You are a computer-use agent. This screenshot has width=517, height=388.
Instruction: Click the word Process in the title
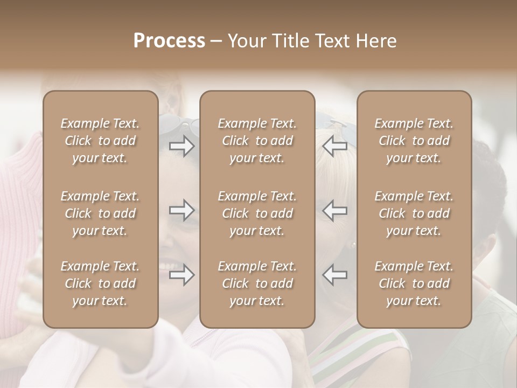point(169,41)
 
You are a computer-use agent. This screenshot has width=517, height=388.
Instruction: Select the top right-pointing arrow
point(181,146)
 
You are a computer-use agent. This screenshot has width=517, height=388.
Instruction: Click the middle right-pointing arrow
point(181,210)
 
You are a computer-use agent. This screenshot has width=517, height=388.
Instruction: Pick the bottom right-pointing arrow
point(181,275)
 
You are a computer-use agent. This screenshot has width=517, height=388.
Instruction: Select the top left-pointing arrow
point(335,146)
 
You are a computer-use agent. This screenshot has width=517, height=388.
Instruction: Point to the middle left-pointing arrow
point(335,210)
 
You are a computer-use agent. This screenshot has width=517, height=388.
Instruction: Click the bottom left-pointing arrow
point(335,275)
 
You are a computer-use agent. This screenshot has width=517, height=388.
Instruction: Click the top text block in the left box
point(100,141)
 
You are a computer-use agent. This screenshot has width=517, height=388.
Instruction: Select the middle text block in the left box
point(100,213)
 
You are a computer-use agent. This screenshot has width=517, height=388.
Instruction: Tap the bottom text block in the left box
point(100,283)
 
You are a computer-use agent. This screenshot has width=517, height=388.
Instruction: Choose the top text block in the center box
point(257,141)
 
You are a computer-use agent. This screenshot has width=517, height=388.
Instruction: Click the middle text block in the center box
point(257,213)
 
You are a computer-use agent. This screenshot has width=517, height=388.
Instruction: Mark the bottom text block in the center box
point(257,283)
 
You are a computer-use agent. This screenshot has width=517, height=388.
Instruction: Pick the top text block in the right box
point(414,141)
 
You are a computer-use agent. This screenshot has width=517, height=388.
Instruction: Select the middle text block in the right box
point(414,213)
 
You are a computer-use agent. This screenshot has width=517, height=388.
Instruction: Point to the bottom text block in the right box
point(414,283)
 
